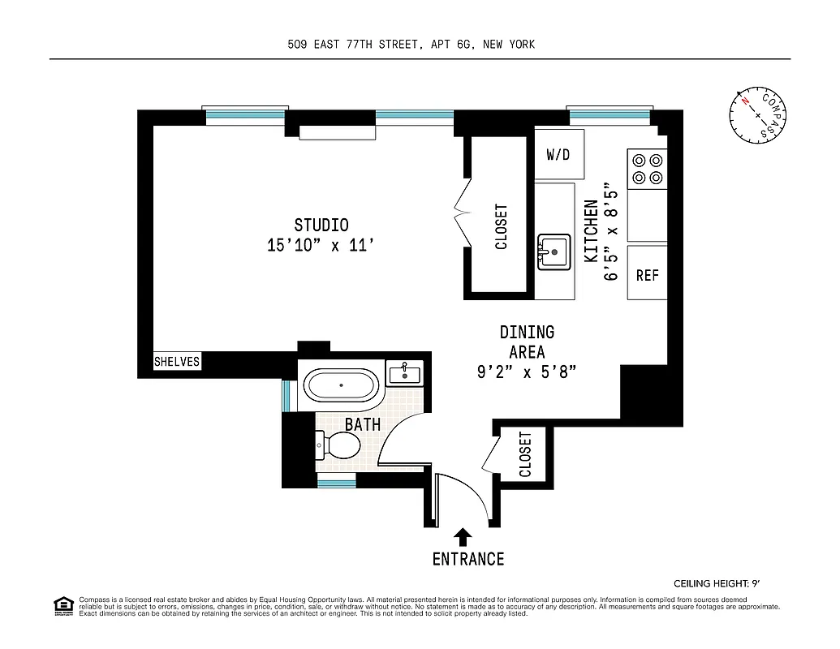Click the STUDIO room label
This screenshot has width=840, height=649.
click(321, 225)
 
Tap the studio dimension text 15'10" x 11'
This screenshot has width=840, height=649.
click(321, 245)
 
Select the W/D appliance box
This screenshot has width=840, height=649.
click(558, 154)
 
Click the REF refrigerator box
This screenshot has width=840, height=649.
click(647, 276)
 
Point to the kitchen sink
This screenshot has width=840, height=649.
click(554, 252)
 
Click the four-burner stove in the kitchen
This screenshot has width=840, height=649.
click(647, 169)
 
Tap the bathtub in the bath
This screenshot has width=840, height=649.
click(341, 385)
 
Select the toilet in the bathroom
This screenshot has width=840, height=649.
click(340, 444)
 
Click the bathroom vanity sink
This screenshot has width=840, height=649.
click(403, 373)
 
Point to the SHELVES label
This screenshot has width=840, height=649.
click(177, 362)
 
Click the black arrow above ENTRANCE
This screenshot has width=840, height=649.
click(463, 536)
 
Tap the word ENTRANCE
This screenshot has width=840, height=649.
click(467, 559)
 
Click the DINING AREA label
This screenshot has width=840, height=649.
click(527, 342)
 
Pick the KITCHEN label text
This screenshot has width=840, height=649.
click(591, 231)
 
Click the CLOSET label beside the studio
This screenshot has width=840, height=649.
click(501, 226)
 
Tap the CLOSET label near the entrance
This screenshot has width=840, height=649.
click(524, 454)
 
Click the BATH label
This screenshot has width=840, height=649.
click(362, 424)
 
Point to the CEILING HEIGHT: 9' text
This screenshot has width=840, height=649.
click(719, 583)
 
